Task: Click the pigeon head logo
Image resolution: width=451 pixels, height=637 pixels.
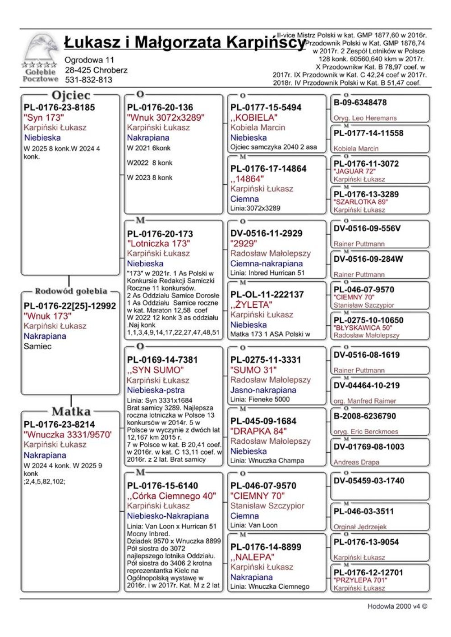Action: (42, 50)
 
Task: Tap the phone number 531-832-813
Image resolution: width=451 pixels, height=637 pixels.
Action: (89, 80)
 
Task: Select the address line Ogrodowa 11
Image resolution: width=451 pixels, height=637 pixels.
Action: (89, 60)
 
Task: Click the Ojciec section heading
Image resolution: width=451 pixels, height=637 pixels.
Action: (71, 96)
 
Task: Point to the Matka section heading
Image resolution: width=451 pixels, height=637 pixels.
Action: (71, 411)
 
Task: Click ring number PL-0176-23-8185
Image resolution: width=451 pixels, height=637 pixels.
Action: (59, 108)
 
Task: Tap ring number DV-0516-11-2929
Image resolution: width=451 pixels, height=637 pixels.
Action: (266, 233)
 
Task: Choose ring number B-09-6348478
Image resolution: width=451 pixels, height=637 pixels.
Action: (360, 103)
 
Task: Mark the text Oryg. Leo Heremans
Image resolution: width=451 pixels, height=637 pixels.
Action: (365, 118)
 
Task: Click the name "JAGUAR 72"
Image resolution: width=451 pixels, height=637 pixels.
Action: (354, 171)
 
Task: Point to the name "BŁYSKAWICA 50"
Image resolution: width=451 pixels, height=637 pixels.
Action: (363, 328)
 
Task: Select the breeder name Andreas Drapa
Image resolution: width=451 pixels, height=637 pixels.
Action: (356, 462)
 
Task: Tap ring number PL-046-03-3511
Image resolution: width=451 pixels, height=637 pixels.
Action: (364, 512)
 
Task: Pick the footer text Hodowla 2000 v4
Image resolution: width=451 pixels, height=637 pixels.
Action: (397, 606)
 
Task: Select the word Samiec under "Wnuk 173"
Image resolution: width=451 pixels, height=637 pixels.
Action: (37, 346)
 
